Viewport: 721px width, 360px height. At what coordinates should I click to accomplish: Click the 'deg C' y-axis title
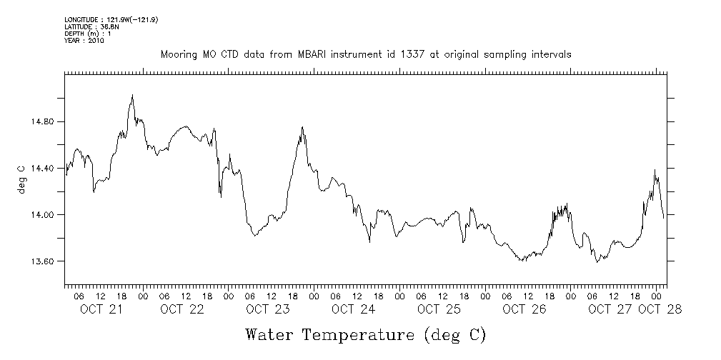(21, 179)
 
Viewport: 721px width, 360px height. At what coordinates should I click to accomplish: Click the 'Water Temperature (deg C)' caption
(367, 334)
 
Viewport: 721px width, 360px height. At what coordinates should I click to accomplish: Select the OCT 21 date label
(101, 309)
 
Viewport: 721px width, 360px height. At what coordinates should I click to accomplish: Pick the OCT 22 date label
(182, 309)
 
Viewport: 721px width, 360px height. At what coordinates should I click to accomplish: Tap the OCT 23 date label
(267, 309)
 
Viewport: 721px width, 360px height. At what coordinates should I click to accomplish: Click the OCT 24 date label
(353, 309)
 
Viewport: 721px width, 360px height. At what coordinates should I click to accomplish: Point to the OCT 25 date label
(439, 309)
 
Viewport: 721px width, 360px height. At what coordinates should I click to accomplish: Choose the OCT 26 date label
(524, 309)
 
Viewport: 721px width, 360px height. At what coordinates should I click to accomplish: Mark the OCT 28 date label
(660, 309)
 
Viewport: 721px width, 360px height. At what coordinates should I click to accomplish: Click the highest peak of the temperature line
(132, 94)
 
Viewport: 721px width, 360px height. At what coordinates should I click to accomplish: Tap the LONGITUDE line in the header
(111, 19)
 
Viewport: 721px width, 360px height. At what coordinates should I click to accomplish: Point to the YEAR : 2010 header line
(84, 41)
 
